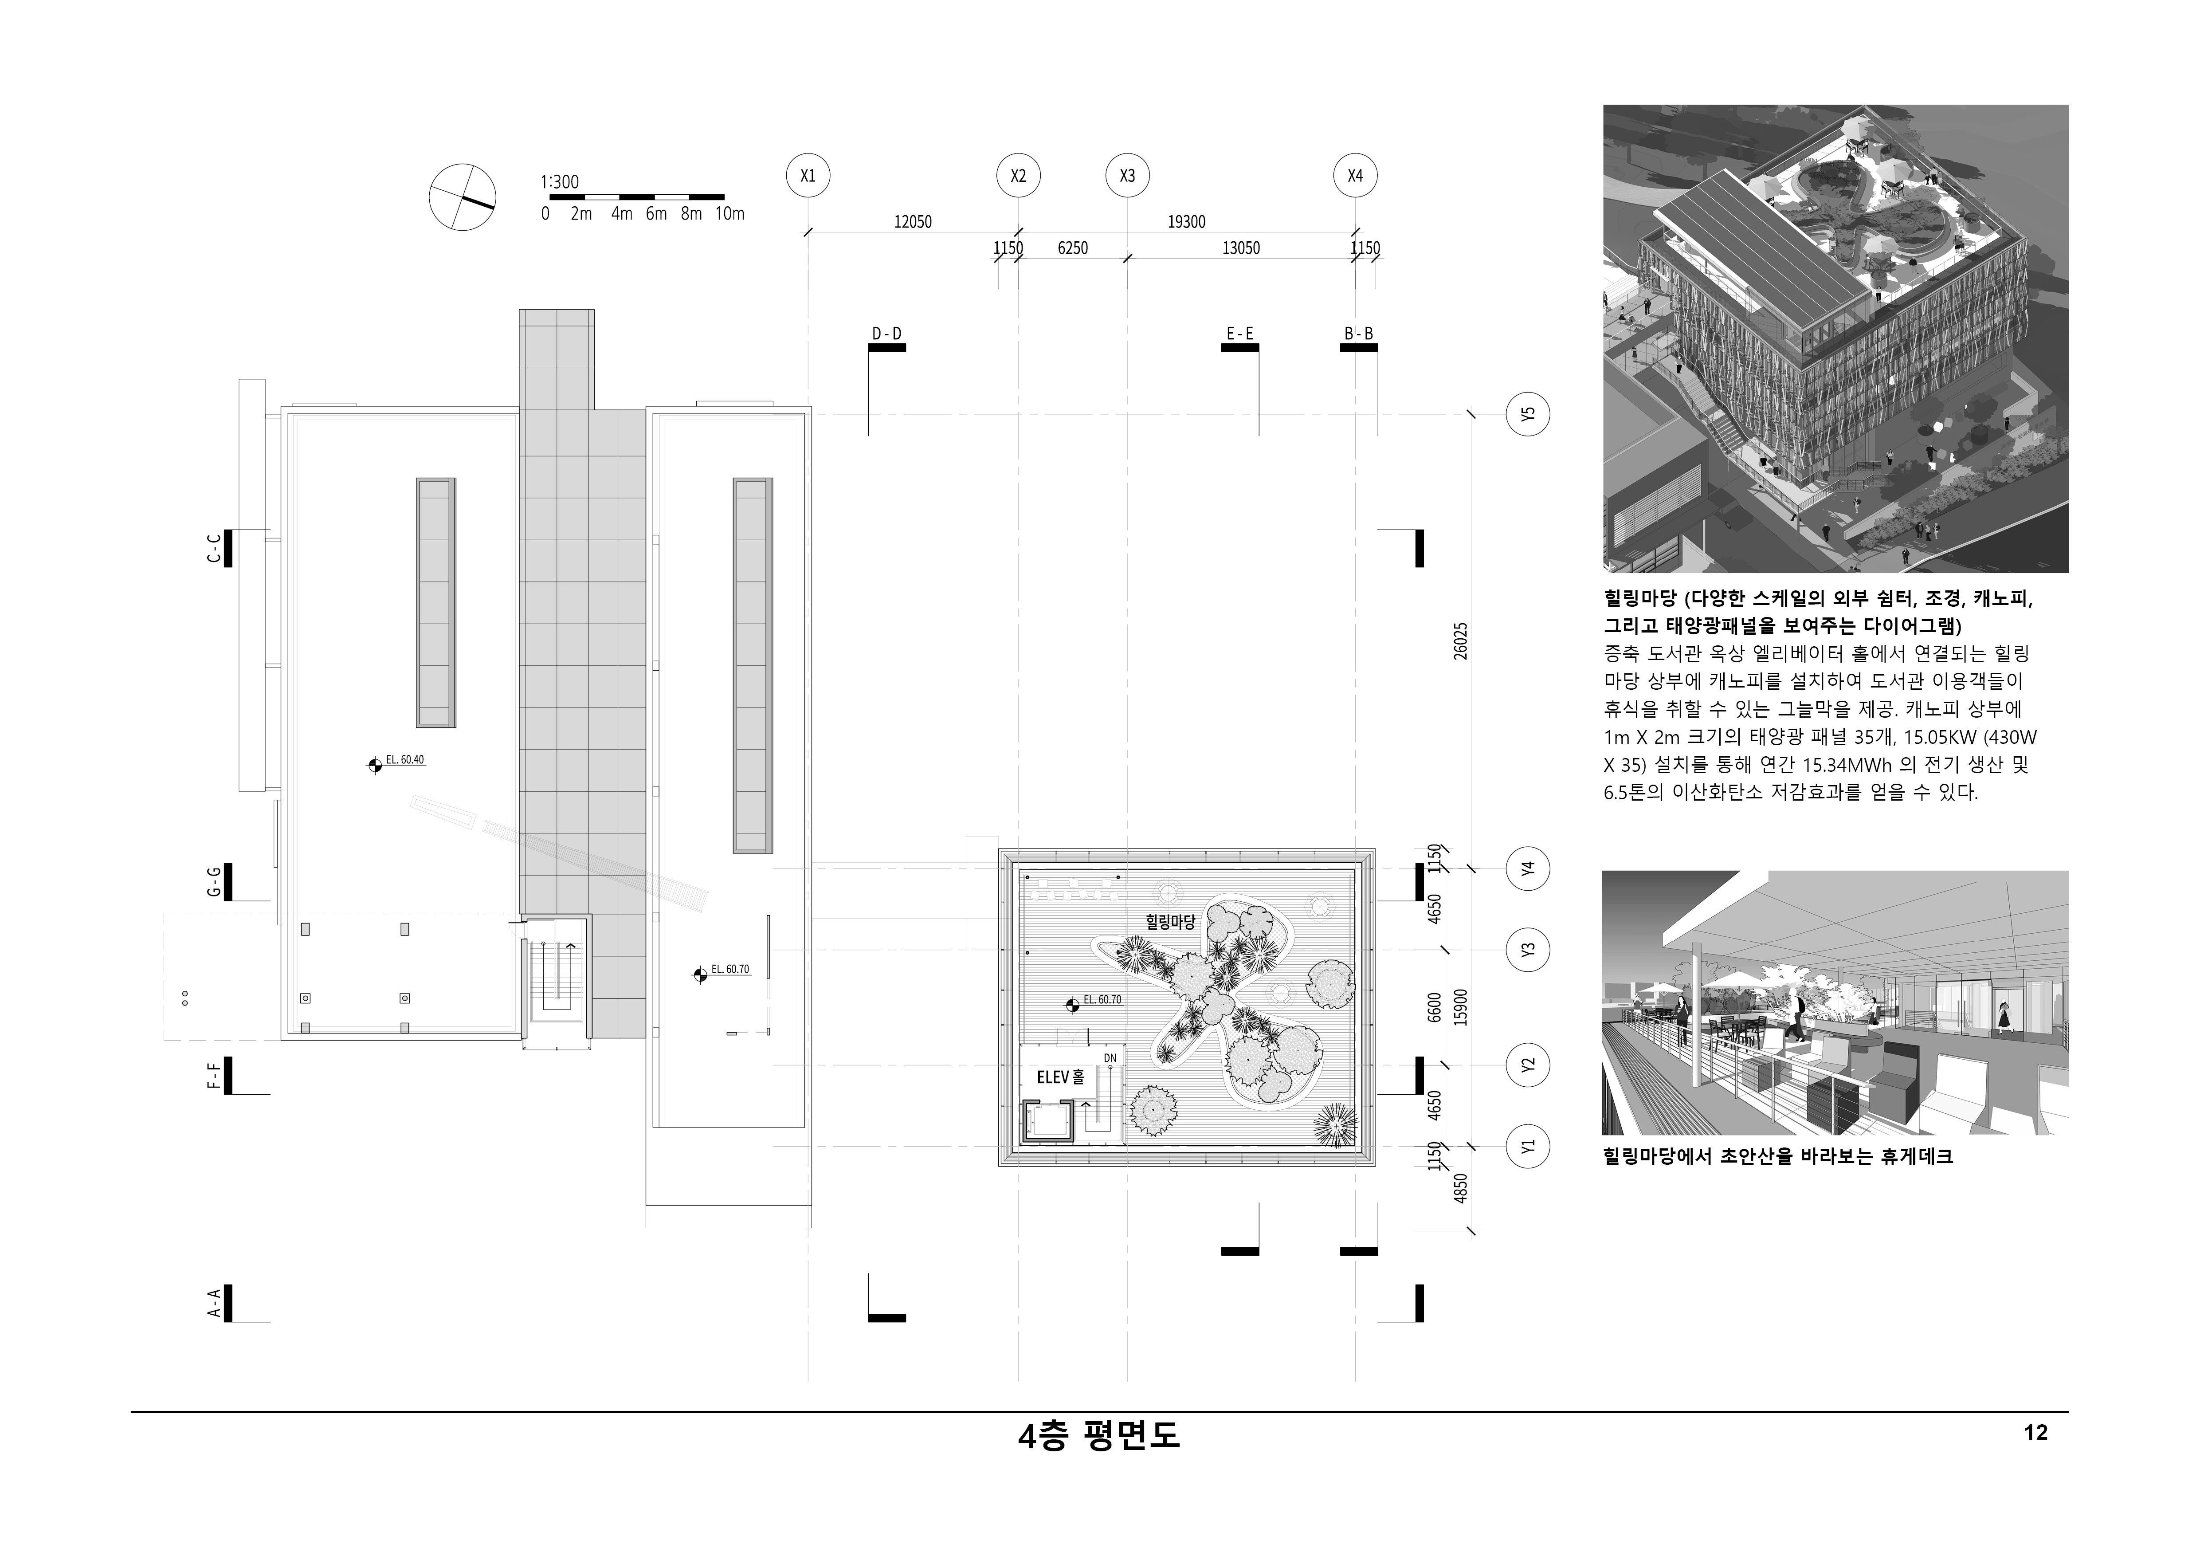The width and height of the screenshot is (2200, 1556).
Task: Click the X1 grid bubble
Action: tap(808, 176)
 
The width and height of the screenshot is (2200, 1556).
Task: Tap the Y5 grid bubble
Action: tap(1528, 415)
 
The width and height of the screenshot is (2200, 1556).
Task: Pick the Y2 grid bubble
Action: tap(1528, 1065)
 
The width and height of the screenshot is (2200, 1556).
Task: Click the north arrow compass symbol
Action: tap(463, 197)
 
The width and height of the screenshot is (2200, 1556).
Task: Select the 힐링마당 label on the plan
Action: tap(1171, 922)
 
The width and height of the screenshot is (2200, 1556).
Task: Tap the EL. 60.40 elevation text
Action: tap(404, 760)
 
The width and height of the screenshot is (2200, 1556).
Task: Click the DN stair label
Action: tap(1110, 1058)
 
